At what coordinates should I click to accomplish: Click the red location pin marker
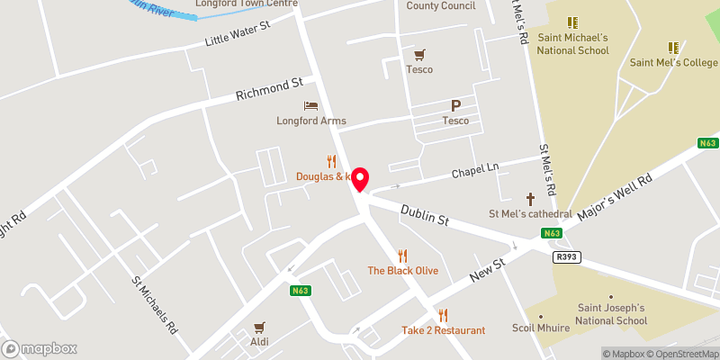(361, 178)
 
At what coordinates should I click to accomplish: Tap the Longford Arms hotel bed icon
(311, 106)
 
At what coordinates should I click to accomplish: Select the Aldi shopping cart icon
(260, 328)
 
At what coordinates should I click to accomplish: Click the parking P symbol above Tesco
(455, 105)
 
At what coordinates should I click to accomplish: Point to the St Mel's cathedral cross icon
(530, 198)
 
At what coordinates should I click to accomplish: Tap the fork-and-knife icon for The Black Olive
(402, 256)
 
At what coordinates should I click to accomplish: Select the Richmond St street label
(268, 88)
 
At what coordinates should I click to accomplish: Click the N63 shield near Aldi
(301, 290)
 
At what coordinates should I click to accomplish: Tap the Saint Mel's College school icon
(671, 47)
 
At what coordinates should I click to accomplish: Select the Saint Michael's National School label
(573, 43)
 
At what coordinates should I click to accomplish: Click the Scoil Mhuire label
(541, 328)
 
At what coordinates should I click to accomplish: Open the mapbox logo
(38, 348)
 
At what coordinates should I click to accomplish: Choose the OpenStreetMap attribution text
(683, 354)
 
